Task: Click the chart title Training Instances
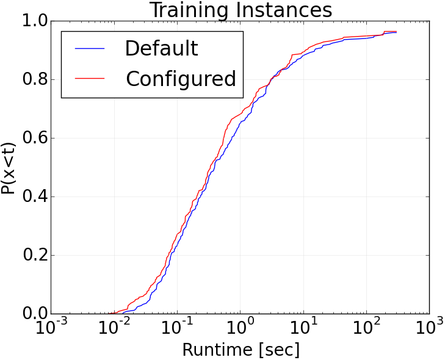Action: point(241,10)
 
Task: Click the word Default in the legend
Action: point(161,49)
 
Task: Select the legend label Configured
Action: point(181,79)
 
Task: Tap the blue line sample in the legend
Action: point(89,49)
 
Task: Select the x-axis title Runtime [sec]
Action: point(241,350)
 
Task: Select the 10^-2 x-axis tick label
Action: point(113,329)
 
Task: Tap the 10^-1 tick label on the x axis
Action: point(176,329)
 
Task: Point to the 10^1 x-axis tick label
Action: point(303,329)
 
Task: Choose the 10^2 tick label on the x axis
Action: point(366,329)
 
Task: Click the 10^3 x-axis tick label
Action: point(429,329)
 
